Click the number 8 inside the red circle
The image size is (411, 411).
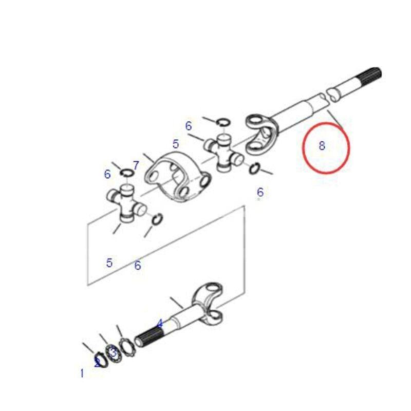pos(322,145)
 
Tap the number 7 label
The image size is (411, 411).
pos(136,165)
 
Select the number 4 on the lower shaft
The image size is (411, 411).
pos(159,324)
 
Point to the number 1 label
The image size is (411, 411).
pos(82,373)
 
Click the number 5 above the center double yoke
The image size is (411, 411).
pos(176,144)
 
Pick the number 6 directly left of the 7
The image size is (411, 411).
pos(107,174)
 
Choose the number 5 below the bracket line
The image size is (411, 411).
pos(109,263)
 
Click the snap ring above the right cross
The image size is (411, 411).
pos(223,122)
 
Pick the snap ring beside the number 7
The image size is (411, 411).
pos(126,172)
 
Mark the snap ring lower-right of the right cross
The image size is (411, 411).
pos(254,169)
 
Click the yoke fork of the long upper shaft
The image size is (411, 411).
pos(261,134)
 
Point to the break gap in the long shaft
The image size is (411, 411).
pos(327,97)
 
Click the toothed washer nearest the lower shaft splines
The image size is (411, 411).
pos(127,348)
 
